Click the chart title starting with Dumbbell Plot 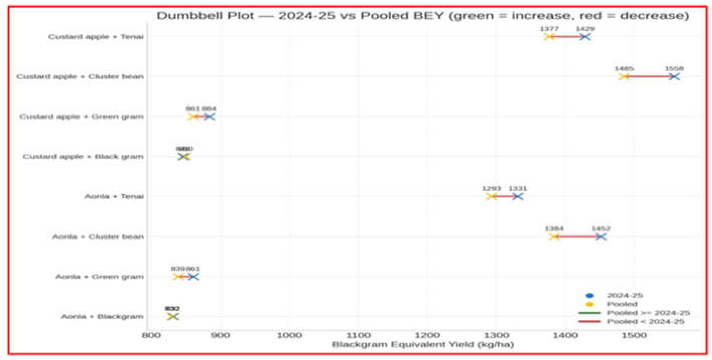[423, 15]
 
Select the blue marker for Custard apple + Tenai [585, 37]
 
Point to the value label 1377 [549, 28]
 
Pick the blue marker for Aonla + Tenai [517, 197]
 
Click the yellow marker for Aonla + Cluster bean [554, 237]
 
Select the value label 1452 [601, 229]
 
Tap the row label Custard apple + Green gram [82, 117]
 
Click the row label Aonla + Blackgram [102, 317]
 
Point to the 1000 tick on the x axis [289, 336]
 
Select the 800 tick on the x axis [151, 336]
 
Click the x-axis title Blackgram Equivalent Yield [423, 345]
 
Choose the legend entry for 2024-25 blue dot [625, 296]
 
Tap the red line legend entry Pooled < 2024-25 [646, 321]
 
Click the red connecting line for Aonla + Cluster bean [578, 237]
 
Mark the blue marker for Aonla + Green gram [193, 277]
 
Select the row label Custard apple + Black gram [83, 156]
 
